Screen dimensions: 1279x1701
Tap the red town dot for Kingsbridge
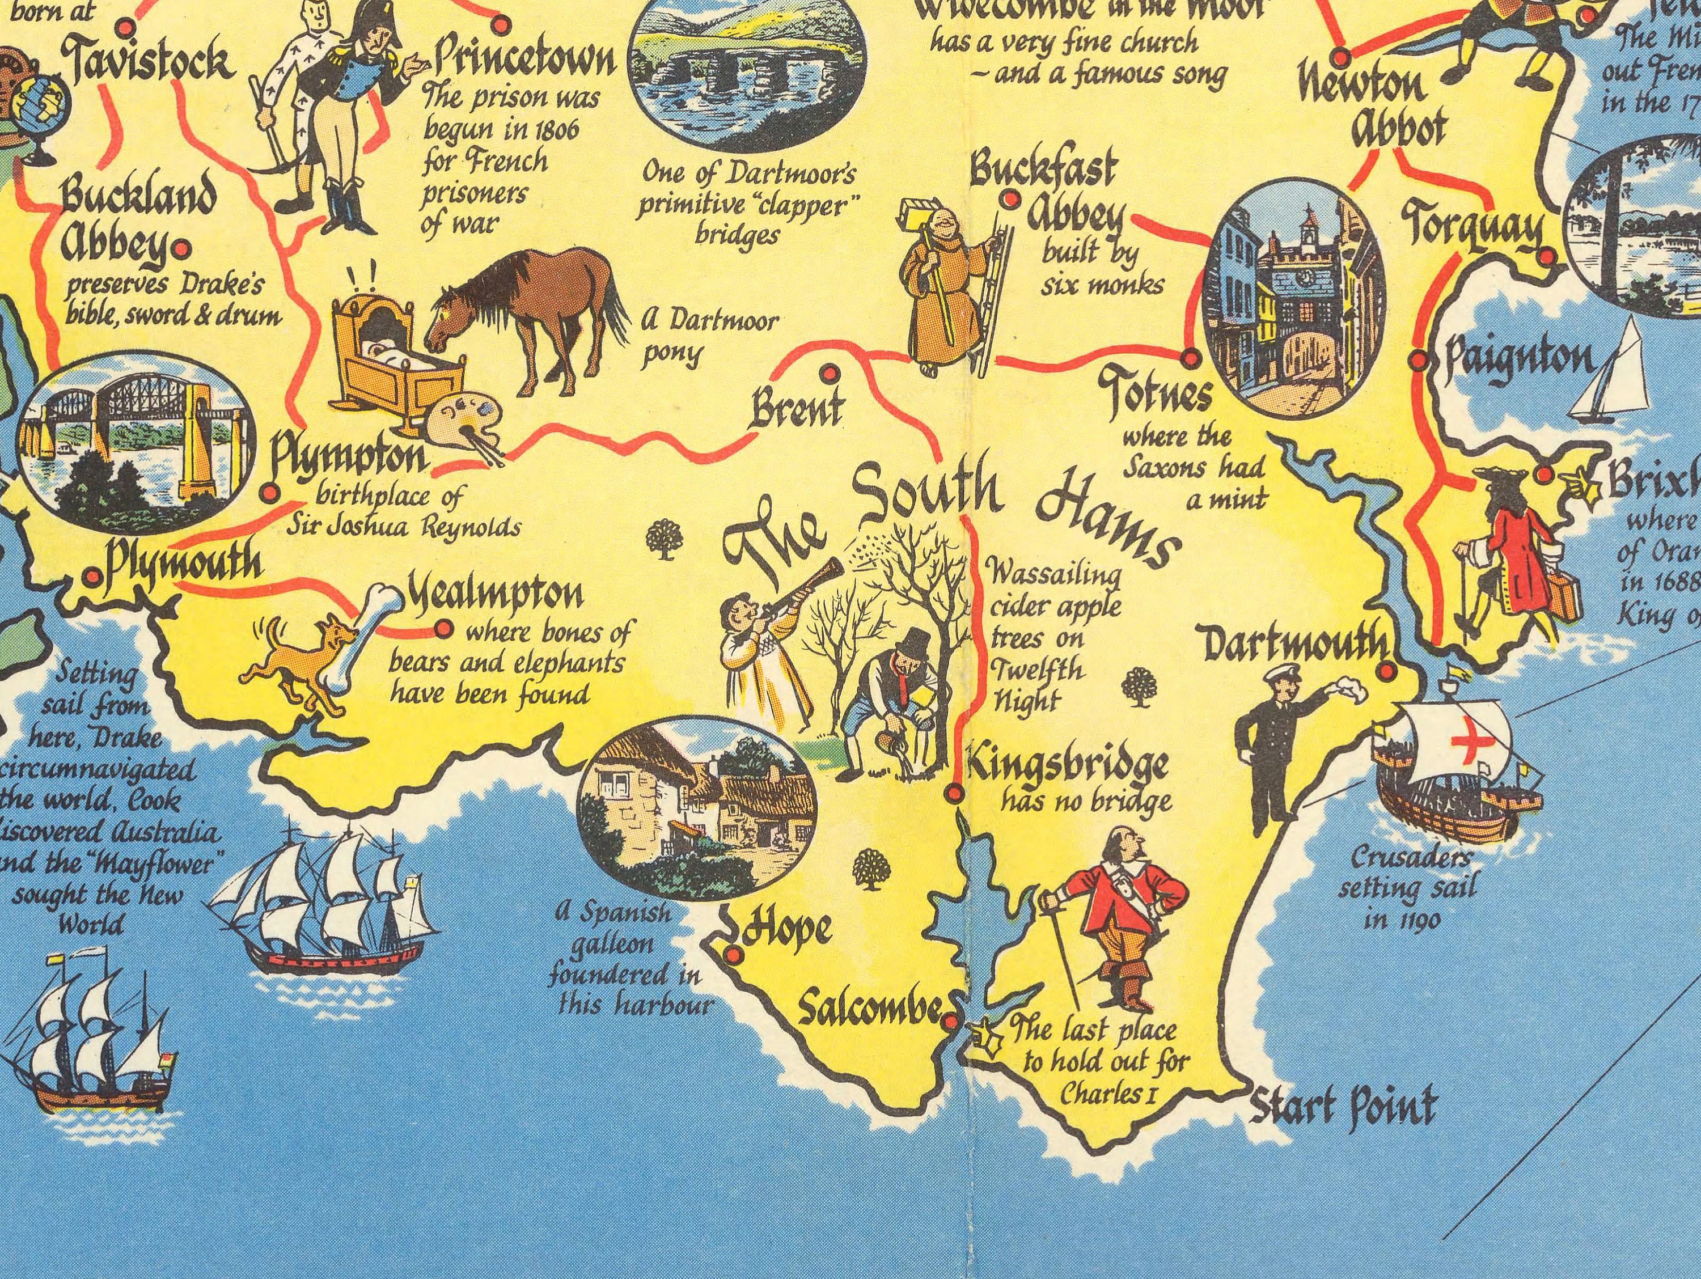pyautogui.click(x=954, y=793)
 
